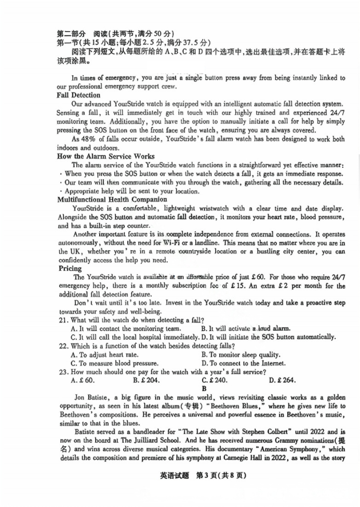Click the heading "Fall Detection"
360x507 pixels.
[x=78, y=95]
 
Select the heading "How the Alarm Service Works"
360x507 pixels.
[x=105, y=156]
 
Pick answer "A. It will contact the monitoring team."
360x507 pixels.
[x=126, y=328]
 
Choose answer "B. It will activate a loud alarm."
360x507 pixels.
[x=246, y=328]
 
